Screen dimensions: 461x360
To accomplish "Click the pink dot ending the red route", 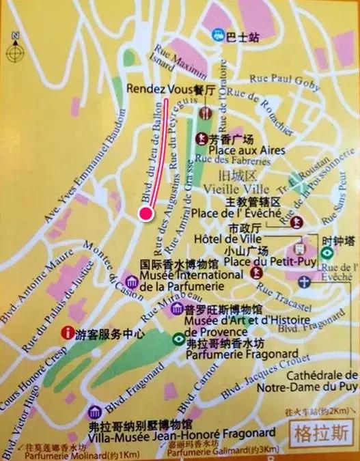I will click(x=146, y=214).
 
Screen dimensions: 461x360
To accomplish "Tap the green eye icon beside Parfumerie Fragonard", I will click(x=178, y=338).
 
